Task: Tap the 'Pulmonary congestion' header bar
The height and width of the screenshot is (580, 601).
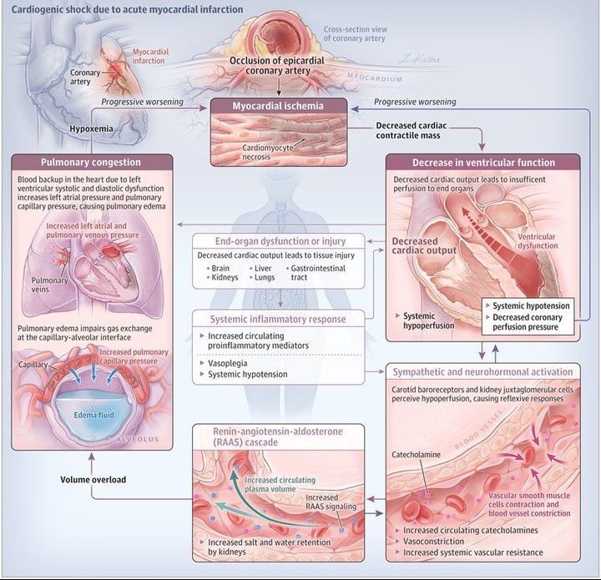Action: coord(80,162)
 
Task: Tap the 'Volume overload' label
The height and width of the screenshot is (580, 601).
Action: coord(92,480)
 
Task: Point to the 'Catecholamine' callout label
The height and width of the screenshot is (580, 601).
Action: coord(422,456)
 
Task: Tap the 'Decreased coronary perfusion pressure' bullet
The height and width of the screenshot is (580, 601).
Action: coord(528,322)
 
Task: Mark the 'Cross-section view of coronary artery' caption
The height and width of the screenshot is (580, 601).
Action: coord(361,33)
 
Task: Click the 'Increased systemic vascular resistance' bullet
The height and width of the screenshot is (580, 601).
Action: coord(472,552)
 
